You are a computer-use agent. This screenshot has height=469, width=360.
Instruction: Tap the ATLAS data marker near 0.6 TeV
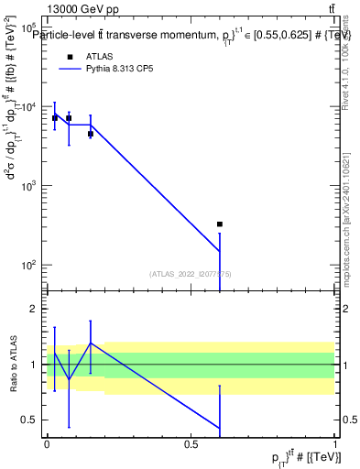(x=220, y=224)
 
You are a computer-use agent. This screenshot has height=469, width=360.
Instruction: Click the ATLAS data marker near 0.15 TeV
(x=91, y=134)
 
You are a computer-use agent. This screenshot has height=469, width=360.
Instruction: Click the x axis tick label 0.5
(x=191, y=444)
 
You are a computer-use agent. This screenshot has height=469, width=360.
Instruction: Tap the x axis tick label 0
(x=47, y=444)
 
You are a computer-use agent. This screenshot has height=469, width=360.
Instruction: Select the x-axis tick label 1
(x=335, y=444)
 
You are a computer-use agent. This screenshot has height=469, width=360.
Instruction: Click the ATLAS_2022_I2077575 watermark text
(x=191, y=273)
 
